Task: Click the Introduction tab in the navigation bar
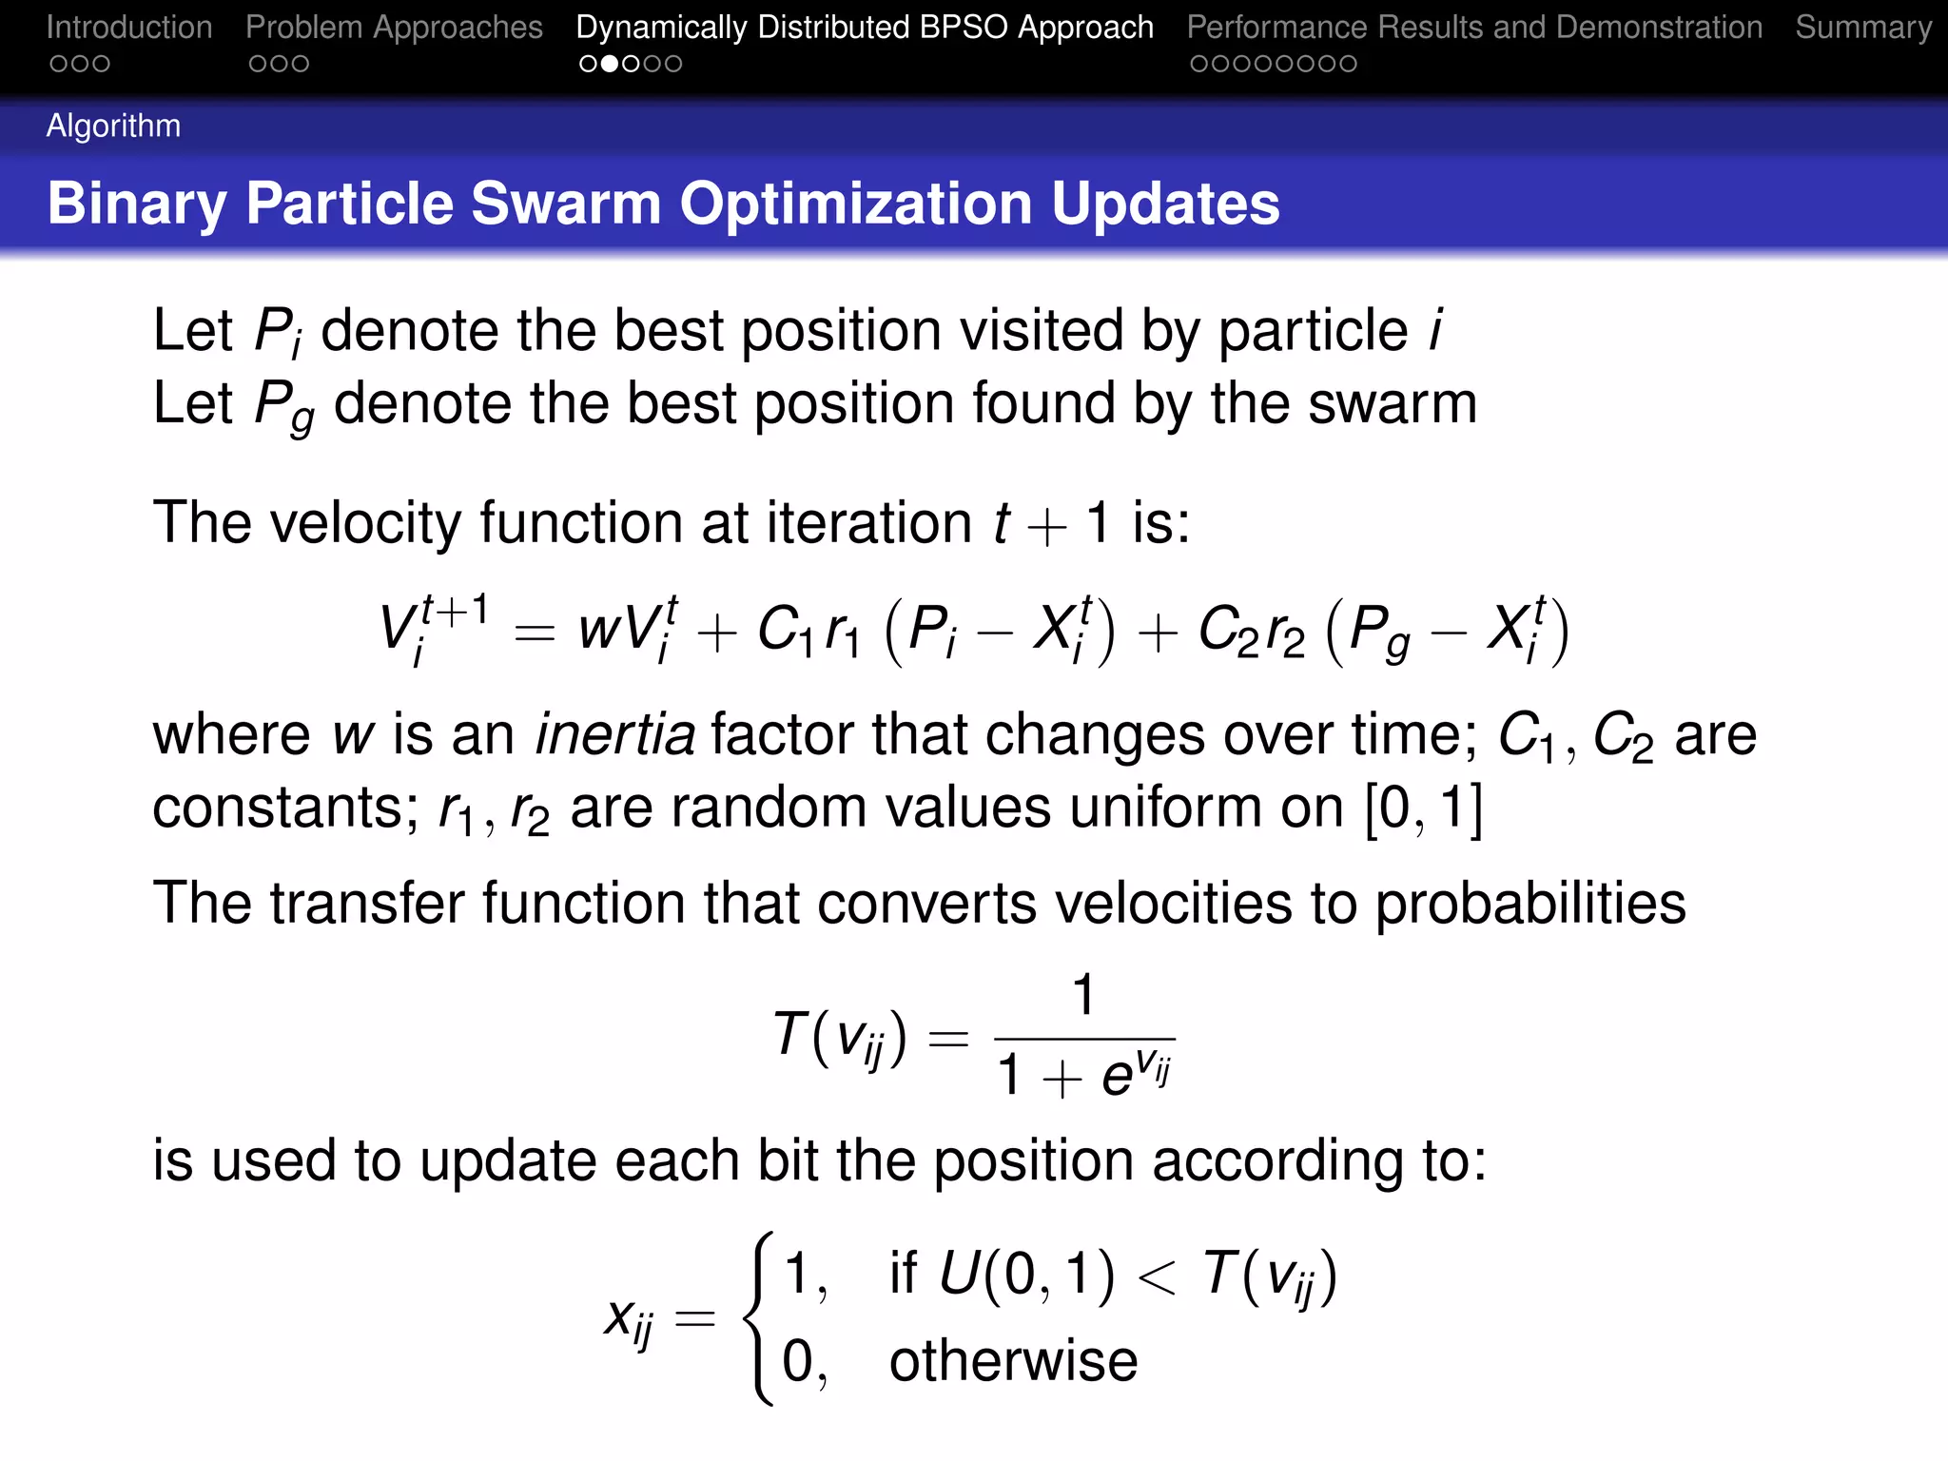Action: pos(129,28)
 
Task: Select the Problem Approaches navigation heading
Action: pos(394,28)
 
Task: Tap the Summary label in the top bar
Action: pos(1862,28)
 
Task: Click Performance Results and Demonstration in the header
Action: pos(1474,28)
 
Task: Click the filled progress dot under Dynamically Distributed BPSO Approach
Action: pos(610,64)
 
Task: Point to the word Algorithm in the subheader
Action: pos(113,126)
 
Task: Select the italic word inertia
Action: pos(614,734)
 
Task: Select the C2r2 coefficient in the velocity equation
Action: pos(1250,630)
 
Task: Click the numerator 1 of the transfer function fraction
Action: pos(1083,996)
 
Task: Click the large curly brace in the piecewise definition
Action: pos(760,1317)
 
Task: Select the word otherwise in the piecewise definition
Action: pos(1013,1360)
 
